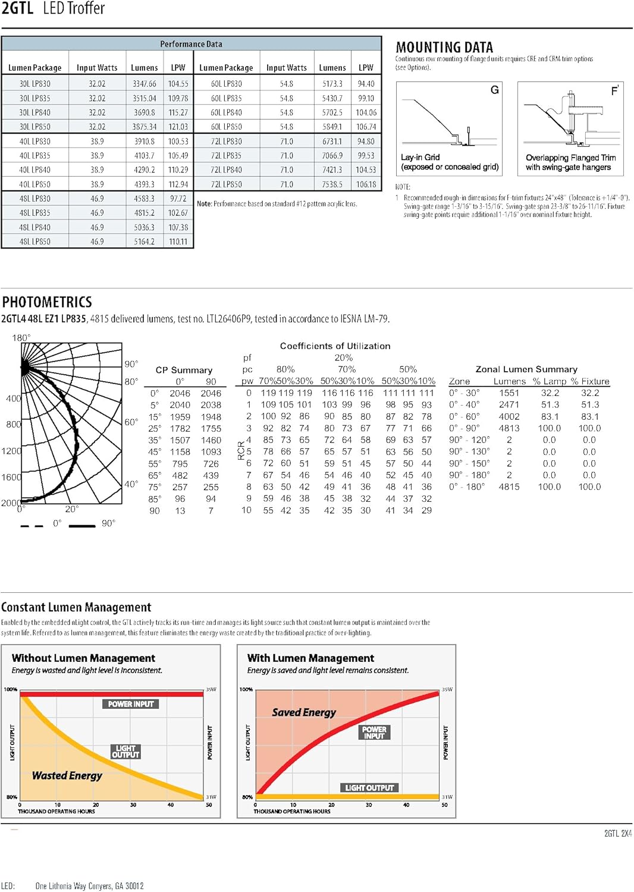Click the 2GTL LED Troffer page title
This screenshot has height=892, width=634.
click(x=53, y=8)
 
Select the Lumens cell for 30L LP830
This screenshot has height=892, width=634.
click(x=144, y=84)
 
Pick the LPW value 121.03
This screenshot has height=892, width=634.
click(x=178, y=127)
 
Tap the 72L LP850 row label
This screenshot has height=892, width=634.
click(x=226, y=184)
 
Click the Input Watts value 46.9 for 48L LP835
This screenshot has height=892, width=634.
click(x=97, y=213)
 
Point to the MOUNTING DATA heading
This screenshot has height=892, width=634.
click(x=444, y=48)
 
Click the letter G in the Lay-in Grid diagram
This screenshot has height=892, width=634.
click(x=494, y=90)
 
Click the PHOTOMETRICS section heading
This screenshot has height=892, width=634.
click(x=47, y=302)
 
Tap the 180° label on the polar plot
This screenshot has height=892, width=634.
click(x=21, y=338)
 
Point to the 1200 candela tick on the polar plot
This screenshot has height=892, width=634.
click(x=11, y=451)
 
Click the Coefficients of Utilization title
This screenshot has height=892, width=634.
click(x=335, y=346)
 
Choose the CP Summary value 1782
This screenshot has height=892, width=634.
click(x=180, y=428)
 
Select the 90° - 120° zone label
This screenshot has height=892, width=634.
click(x=469, y=440)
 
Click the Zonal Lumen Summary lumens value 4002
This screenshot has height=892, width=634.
click(x=509, y=416)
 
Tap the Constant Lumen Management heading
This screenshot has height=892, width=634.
click(x=76, y=607)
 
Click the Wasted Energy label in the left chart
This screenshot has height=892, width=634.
click(x=67, y=775)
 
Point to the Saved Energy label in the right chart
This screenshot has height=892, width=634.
click(x=304, y=712)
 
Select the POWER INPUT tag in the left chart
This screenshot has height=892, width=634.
click(x=131, y=704)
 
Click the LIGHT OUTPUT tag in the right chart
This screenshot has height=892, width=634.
click(x=369, y=788)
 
